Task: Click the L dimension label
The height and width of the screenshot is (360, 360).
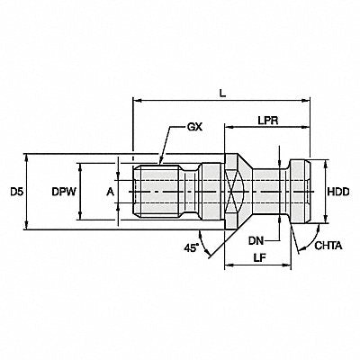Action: coord(222,94)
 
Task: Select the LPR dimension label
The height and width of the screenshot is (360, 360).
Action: coord(268,121)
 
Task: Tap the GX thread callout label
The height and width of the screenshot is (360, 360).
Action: coord(195,127)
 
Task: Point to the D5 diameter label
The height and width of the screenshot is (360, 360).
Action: coord(16,192)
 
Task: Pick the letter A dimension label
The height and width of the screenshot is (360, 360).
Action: coord(111,192)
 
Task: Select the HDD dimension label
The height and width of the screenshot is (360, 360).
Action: coord(338,192)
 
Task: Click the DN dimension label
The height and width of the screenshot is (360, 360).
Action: coord(256,240)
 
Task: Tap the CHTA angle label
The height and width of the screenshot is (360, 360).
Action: coord(328,246)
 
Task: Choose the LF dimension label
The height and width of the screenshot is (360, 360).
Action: coord(259,257)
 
